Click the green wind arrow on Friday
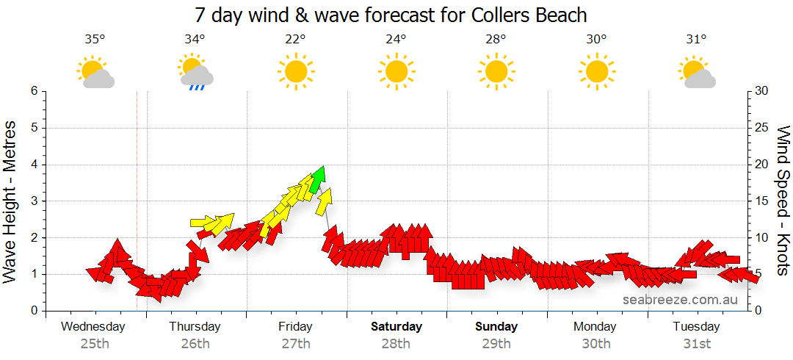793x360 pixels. point(317,179)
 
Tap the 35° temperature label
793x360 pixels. point(93,40)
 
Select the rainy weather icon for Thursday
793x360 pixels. point(195,73)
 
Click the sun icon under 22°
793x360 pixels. point(296,72)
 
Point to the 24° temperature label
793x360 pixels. point(396,40)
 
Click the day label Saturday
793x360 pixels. point(396,326)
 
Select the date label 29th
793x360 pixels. point(496,343)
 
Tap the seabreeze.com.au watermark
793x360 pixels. point(680,299)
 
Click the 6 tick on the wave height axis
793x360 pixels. point(34,91)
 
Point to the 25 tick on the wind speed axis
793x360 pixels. point(761,128)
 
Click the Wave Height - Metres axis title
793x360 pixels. point(10,201)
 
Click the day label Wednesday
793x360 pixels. point(93,326)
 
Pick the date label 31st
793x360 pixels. point(696,343)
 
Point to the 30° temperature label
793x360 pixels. point(596,40)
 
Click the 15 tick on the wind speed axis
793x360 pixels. point(761,201)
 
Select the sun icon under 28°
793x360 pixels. point(496,72)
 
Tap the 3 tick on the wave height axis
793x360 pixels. point(34,201)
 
